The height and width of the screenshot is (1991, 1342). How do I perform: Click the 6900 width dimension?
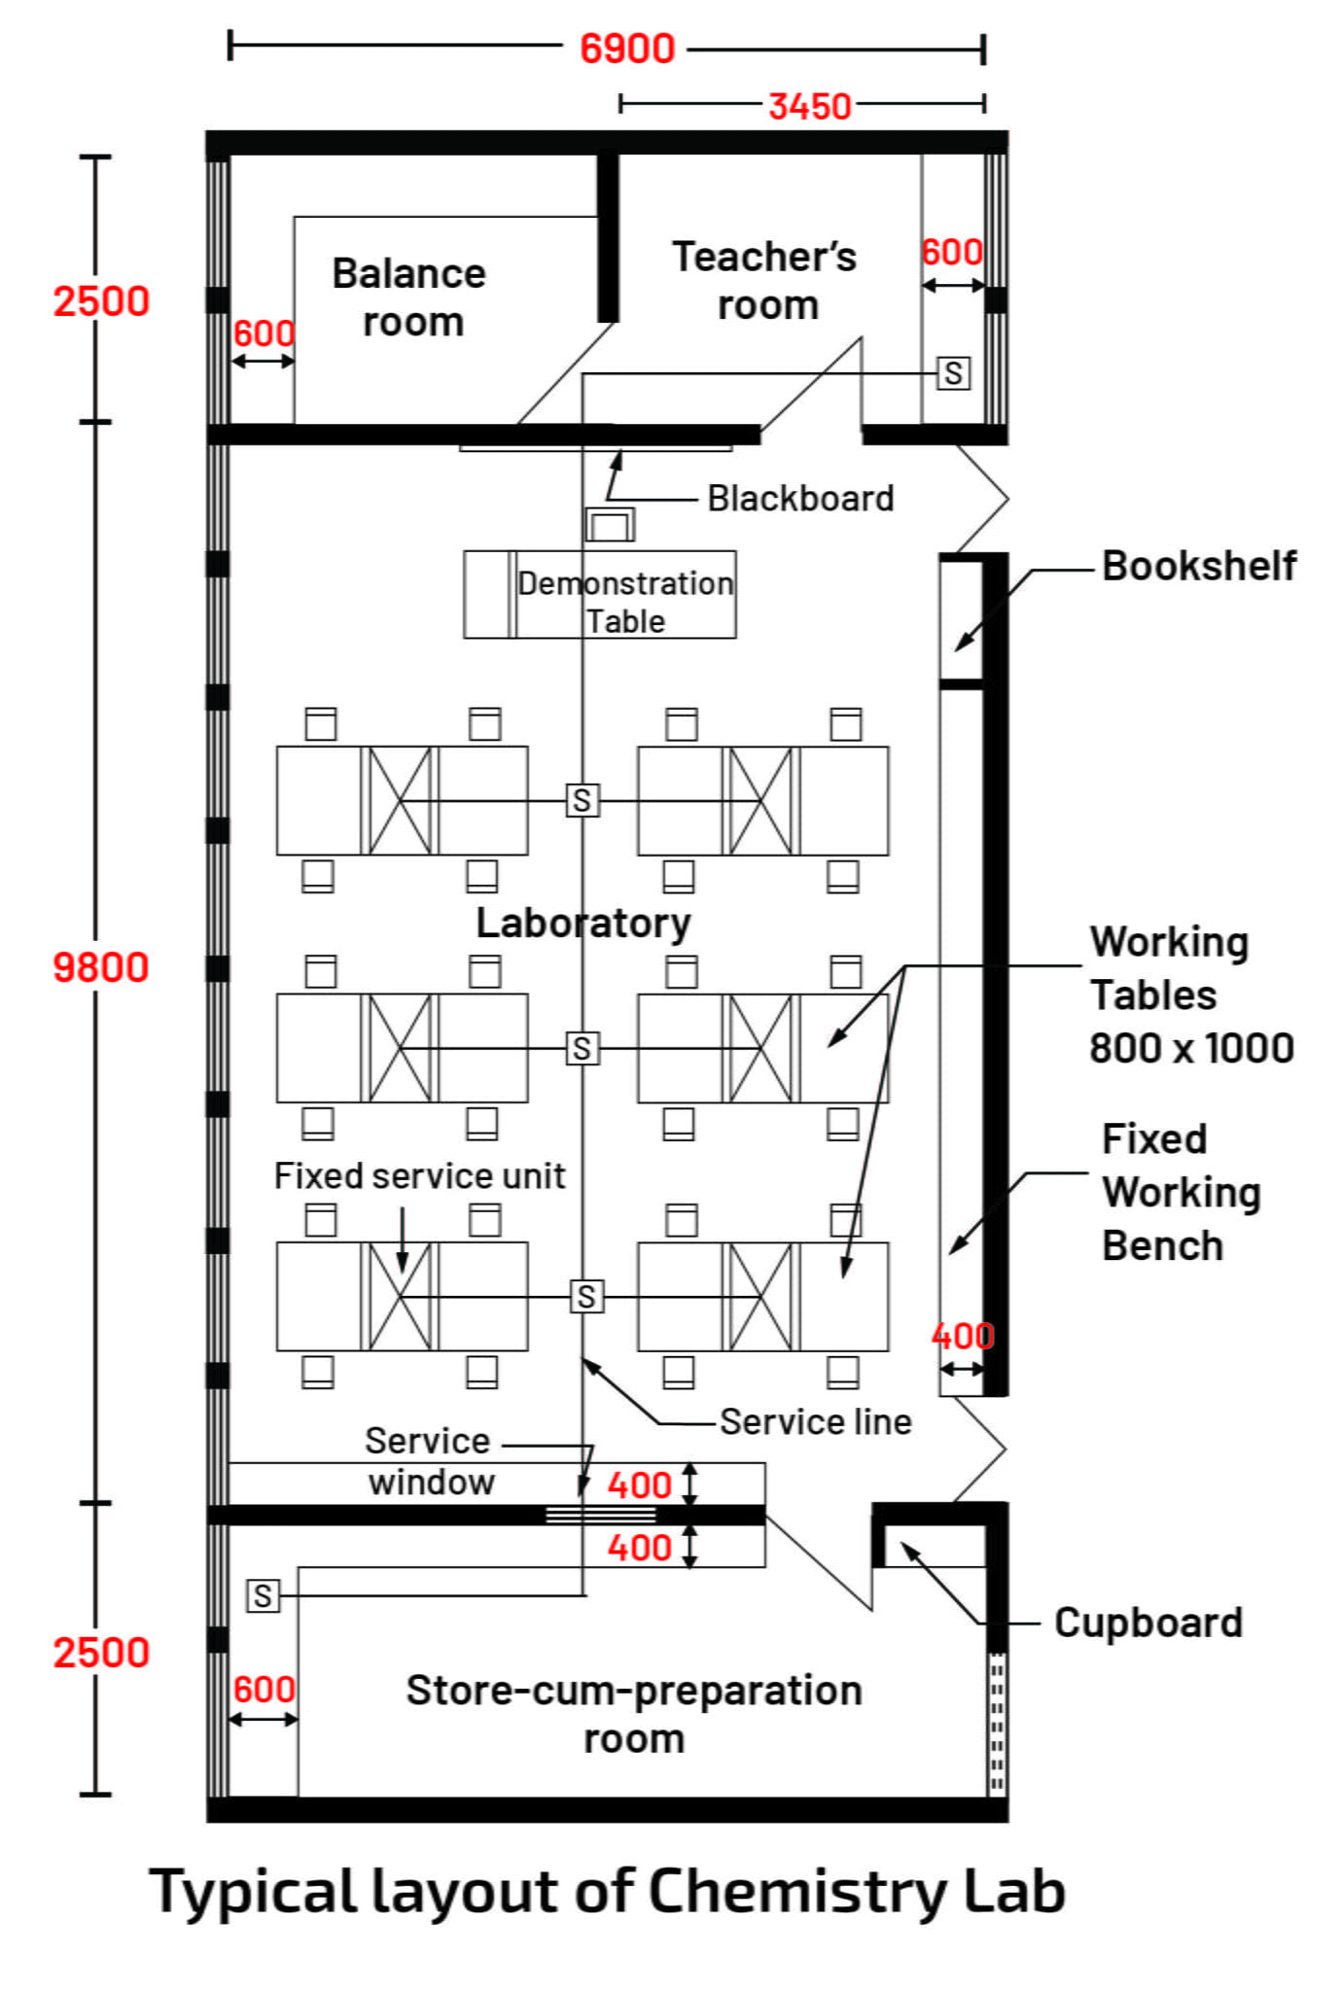click(x=627, y=49)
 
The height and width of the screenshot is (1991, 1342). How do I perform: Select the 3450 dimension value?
click(x=809, y=106)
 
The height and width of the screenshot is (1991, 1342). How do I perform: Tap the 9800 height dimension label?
click(x=100, y=967)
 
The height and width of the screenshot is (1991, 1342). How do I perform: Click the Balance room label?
click(x=409, y=297)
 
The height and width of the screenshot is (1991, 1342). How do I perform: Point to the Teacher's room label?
click(x=765, y=281)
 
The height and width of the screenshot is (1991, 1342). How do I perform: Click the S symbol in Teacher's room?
click(x=953, y=373)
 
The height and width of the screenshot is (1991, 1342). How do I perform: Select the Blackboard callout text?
click(x=799, y=498)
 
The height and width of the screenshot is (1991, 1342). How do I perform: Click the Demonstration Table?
click(x=624, y=601)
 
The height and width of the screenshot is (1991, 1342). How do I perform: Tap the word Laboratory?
click(x=583, y=923)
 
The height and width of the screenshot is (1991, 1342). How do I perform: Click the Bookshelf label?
click(x=1198, y=566)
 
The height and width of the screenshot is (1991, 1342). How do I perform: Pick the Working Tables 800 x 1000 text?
click(x=1191, y=995)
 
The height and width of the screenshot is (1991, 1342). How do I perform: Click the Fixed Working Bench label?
click(x=1181, y=1192)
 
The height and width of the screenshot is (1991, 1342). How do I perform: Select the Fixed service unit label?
click(x=419, y=1175)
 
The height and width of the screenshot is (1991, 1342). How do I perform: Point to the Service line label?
click(x=815, y=1421)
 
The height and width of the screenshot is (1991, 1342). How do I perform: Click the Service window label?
click(x=429, y=1461)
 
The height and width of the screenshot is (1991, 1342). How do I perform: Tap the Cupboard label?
click(x=1148, y=1623)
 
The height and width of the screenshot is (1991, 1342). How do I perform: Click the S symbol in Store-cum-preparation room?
click(x=263, y=1595)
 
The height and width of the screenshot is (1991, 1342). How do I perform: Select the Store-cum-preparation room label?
click(x=634, y=1714)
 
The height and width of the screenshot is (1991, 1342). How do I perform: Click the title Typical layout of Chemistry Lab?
click(x=608, y=1891)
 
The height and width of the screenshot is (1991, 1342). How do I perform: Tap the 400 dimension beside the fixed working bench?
click(x=962, y=1336)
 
